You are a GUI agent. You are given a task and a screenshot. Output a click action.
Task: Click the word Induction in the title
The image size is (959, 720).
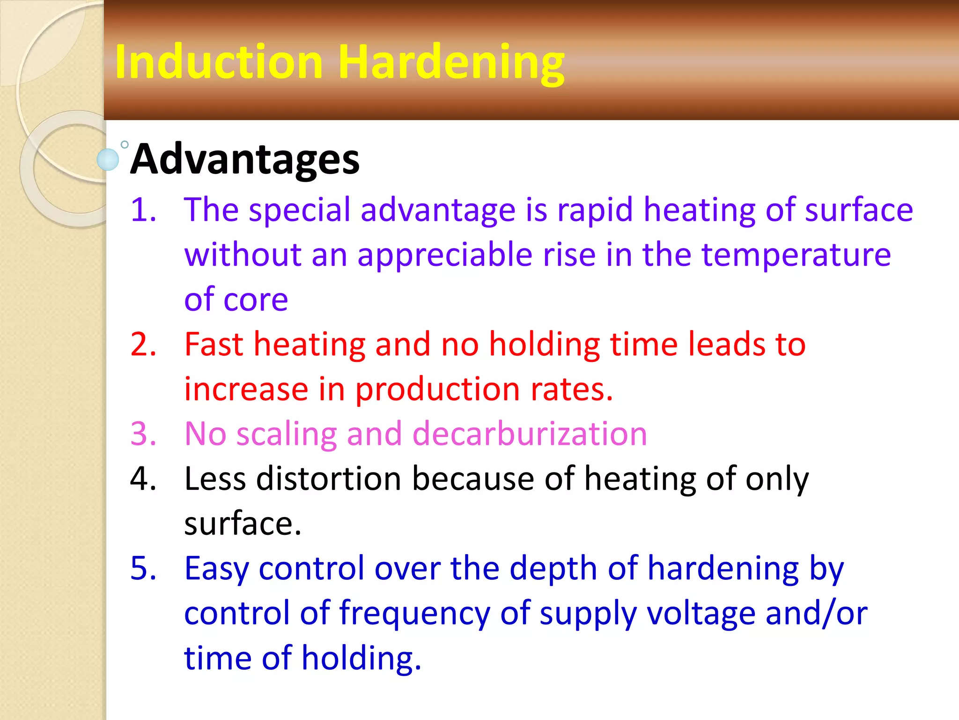[219, 62]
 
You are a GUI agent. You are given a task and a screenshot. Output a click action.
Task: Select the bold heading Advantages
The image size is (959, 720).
[245, 159]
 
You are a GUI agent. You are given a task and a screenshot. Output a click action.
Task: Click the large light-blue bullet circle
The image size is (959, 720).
[108, 159]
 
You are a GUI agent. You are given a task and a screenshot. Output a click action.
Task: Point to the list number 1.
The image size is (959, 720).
[143, 209]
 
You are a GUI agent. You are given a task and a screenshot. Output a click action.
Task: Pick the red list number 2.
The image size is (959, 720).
[143, 344]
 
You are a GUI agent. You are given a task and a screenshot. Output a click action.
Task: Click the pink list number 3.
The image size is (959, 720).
[143, 434]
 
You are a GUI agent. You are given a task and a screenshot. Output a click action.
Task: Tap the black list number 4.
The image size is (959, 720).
[143, 479]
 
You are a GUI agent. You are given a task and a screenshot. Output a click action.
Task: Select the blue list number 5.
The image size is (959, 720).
[143, 568]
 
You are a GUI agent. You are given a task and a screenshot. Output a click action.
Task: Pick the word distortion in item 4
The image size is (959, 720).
[329, 479]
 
